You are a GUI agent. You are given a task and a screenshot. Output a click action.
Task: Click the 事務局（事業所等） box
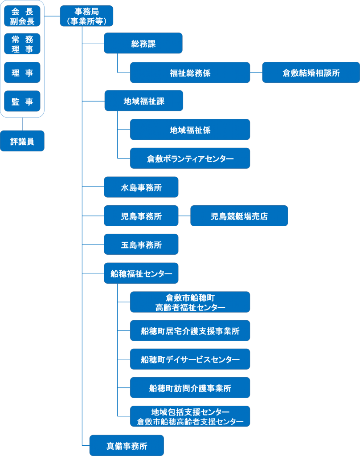tap(86, 16)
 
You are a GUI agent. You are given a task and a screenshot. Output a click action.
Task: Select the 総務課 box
tap(143, 43)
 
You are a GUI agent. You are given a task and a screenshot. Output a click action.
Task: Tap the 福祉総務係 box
tap(190, 73)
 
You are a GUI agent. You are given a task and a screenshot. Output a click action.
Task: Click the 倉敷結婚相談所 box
tap(311, 73)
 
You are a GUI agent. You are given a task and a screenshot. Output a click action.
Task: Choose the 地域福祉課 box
tap(143, 101)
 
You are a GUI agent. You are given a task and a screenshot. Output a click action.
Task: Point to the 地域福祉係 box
tap(190, 130)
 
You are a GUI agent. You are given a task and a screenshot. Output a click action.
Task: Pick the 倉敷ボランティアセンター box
tap(190, 158)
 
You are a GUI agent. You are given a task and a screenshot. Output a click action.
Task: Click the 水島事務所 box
tap(141, 187)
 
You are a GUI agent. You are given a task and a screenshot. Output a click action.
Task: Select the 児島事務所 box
tap(141, 216)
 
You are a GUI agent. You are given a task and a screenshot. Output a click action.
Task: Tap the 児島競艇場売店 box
tap(239, 216)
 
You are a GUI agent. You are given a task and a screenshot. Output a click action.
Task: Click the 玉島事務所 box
tap(141, 244)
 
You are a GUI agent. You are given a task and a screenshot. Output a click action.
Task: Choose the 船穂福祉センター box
tap(141, 273)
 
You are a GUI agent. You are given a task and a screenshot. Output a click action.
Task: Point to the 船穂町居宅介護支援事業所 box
tap(190, 330)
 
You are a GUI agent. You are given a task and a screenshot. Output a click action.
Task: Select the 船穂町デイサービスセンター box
tap(190, 359)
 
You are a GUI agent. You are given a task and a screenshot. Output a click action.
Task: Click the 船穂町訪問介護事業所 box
tap(190, 387)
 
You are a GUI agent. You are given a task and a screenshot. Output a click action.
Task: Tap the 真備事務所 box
tap(127, 445)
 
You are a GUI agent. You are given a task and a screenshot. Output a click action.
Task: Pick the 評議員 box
tap(22, 141)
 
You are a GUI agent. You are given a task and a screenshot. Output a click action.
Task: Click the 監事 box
tap(22, 101)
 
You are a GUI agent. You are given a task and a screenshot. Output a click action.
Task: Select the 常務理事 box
tap(22, 44)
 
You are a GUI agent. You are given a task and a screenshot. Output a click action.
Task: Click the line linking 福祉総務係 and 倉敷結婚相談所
tap(256, 73)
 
